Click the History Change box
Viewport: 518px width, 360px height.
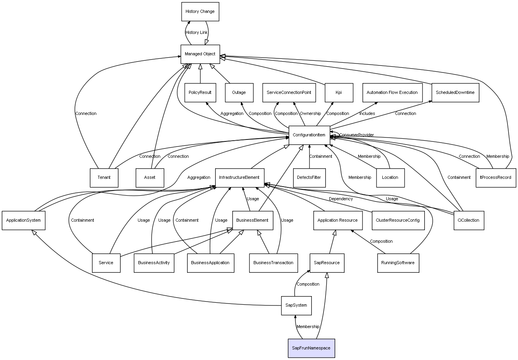200,12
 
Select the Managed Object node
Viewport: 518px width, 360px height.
200,54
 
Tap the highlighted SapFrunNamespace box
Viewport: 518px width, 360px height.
311,348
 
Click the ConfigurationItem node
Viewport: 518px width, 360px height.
309,135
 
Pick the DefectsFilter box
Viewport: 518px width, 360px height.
309,178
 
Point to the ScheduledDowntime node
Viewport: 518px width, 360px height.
455,93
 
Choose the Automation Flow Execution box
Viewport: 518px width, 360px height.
392,93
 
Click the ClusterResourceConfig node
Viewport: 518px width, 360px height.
398,220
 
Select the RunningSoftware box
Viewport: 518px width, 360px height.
398,263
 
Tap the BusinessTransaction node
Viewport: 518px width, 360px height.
273,263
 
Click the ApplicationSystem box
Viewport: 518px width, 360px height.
23,220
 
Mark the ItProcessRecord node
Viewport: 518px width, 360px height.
495,178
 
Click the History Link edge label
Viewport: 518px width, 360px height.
196,33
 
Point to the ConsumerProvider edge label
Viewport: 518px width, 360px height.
356,135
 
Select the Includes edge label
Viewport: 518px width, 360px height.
367,114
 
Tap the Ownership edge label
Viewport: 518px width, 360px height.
310,114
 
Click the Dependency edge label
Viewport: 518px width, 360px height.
341,199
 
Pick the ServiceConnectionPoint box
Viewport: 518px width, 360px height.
289,93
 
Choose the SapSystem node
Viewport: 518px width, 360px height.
296,305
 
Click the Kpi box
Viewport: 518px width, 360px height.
338,93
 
